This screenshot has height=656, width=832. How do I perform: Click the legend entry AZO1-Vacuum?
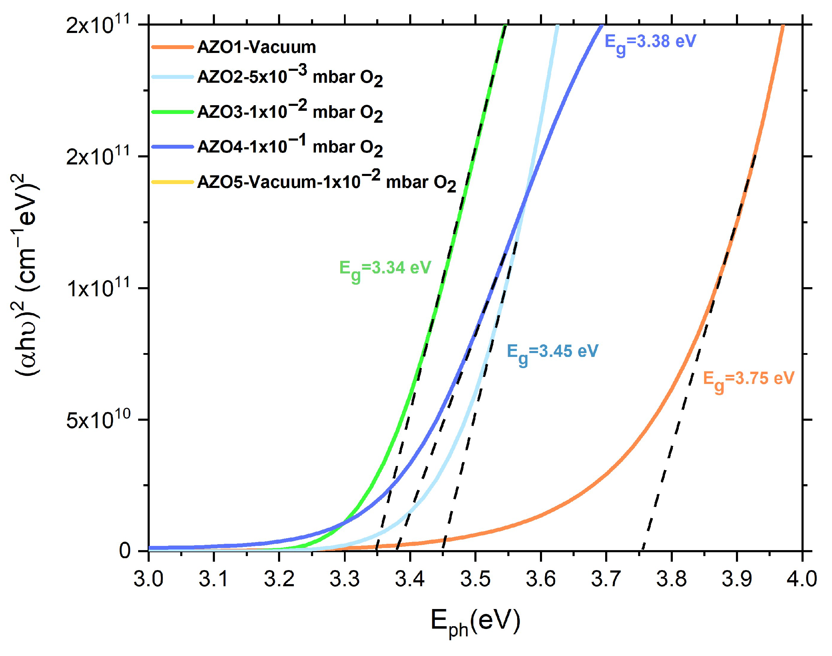tap(256, 47)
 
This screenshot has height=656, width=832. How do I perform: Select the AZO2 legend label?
tap(290, 76)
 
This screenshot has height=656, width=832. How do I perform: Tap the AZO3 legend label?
tap(290, 111)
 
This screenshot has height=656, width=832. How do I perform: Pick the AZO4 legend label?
tap(290, 146)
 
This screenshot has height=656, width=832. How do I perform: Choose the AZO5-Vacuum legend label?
tap(326, 181)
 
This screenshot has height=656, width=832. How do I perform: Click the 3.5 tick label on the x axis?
tap(475, 579)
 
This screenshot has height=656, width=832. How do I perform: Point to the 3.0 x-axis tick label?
tap(149, 579)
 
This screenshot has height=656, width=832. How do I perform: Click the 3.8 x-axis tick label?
tap(671, 579)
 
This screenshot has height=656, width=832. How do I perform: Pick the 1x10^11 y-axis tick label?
tap(99, 288)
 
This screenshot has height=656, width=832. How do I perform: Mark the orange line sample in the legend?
tap(172, 47)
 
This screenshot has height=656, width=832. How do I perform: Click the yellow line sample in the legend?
tap(172, 182)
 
